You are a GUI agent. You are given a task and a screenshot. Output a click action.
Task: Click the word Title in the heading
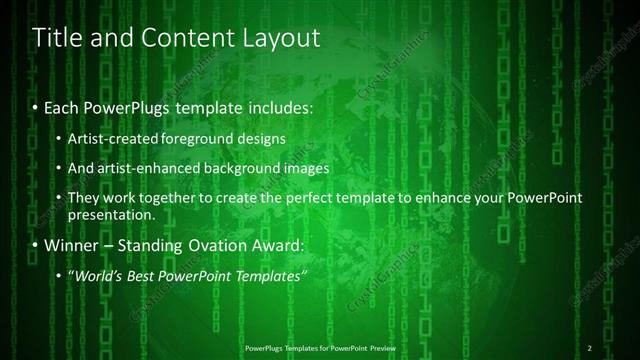pos(58,39)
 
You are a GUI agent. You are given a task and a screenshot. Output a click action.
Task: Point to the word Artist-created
pos(112,138)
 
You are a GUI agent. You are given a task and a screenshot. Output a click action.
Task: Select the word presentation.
pos(112,214)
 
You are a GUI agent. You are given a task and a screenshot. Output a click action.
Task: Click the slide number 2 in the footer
pos(590,347)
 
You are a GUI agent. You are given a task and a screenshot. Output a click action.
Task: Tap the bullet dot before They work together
pos(59,199)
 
